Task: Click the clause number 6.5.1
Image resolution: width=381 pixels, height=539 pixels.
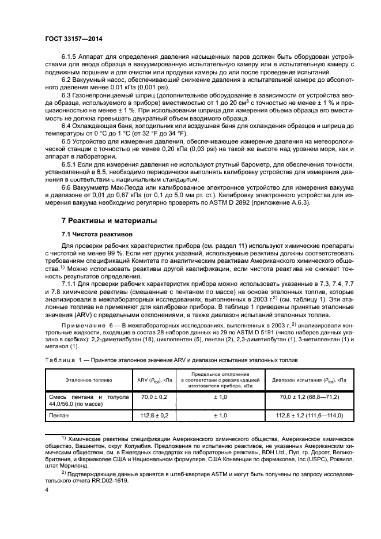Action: click(x=71, y=163)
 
